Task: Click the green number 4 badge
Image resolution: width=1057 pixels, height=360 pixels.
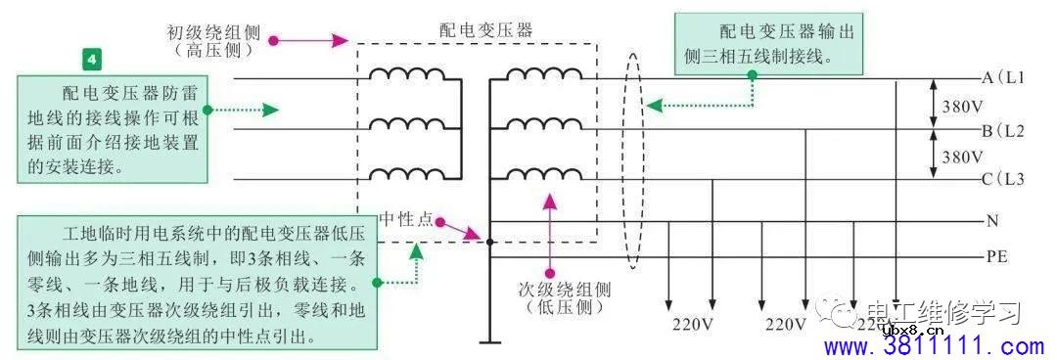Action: point(91,60)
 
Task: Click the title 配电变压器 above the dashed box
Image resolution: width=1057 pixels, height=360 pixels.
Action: point(485,30)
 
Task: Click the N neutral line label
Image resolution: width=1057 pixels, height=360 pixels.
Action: point(992,221)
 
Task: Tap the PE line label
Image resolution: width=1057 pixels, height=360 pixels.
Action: point(997,257)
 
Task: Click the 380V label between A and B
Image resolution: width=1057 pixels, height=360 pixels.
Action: point(962,105)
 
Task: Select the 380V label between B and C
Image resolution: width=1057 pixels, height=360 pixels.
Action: point(962,156)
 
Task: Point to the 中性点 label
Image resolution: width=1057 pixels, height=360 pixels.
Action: point(406,218)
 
